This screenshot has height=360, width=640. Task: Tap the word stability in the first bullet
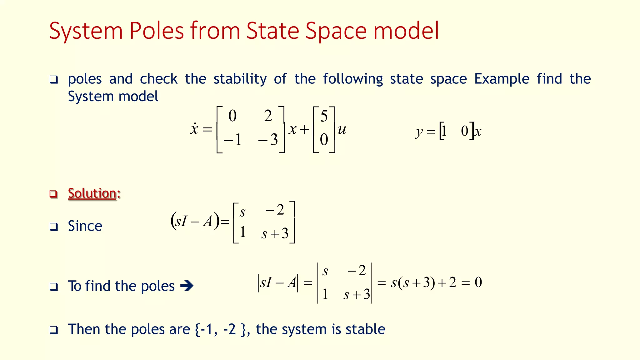tap(240, 79)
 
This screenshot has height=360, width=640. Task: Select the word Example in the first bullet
tap(502, 79)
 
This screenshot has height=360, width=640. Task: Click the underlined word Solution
tap(92, 193)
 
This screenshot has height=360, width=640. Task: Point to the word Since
tap(85, 226)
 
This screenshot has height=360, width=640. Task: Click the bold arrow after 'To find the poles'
tap(187, 286)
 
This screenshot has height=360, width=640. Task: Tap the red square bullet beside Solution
tap(54, 194)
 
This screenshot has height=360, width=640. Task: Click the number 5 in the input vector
tap(324, 117)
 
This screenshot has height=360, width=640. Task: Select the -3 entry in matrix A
tap(268, 139)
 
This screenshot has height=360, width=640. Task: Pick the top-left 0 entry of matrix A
tap(232, 116)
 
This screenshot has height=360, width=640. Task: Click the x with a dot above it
tap(194, 129)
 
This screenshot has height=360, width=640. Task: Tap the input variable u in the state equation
tap(342, 129)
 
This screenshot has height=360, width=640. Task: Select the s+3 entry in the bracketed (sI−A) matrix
tap(275, 233)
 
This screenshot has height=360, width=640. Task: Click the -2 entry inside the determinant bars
tap(357, 271)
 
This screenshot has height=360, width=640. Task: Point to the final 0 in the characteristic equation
tap(478, 282)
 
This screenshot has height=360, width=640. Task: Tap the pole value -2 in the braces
tap(230, 329)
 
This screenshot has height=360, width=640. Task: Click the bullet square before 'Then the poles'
tap(54, 330)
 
